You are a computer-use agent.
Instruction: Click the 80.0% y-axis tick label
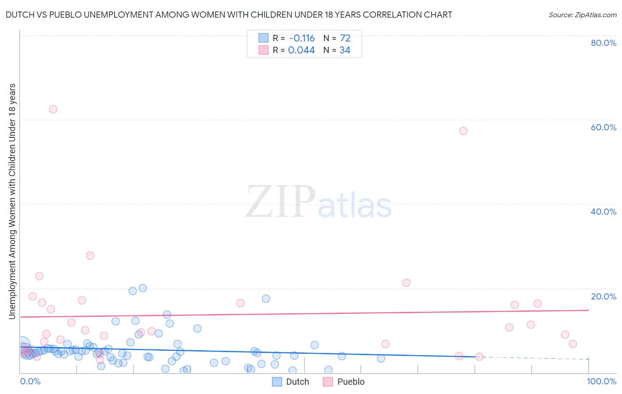click(x=603, y=43)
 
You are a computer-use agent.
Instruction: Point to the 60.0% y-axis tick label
click(x=603, y=127)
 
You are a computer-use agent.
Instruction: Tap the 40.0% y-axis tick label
click(x=603, y=212)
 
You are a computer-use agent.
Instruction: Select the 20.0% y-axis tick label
click(x=603, y=296)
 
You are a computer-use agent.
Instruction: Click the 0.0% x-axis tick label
click(x=30, y=381)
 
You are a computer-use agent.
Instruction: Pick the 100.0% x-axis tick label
click(x=602, y=381)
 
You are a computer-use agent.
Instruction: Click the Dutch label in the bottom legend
click(x=297, y=382)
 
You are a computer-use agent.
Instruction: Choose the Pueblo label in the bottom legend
click(x=351, y=382)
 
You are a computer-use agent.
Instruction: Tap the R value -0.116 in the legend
click(x=301, y=38)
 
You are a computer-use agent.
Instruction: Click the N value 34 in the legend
click(x=345, y=50)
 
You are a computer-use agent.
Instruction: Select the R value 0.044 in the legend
click(x=301, y=50)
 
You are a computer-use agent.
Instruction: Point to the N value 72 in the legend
click(x=345, y=38)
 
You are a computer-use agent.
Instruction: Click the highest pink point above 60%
click(x=53, y=109)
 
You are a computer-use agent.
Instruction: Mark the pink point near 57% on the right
click(x=463, y=131)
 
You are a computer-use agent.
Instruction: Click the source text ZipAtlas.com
click(x=583, y=15)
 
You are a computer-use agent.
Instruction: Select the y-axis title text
click(x=12, y=201)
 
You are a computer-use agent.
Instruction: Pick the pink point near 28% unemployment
click(x=90, y=255)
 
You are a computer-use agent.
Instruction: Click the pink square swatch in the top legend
click(x=264, y=50)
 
